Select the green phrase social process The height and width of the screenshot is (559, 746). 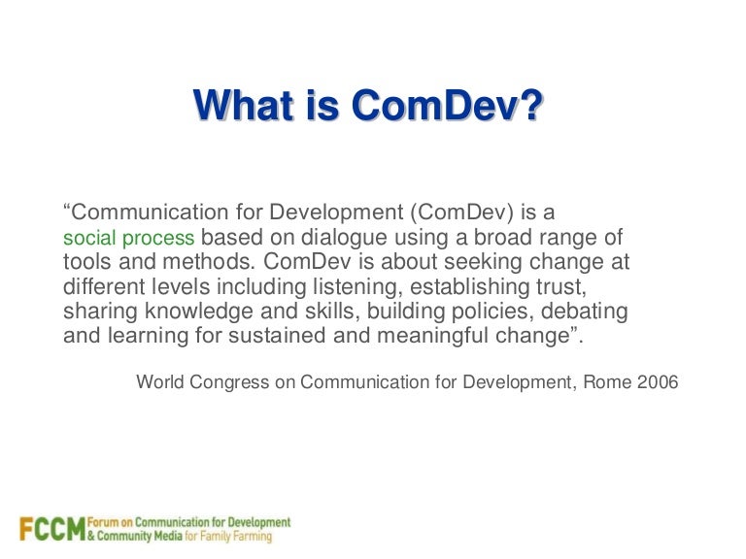(x=128, y=238)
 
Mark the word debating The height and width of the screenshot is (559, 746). (x=585, y=312)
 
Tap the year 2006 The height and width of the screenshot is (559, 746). (x=657, y=382)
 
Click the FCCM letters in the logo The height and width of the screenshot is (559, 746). (x=51, y=530)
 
